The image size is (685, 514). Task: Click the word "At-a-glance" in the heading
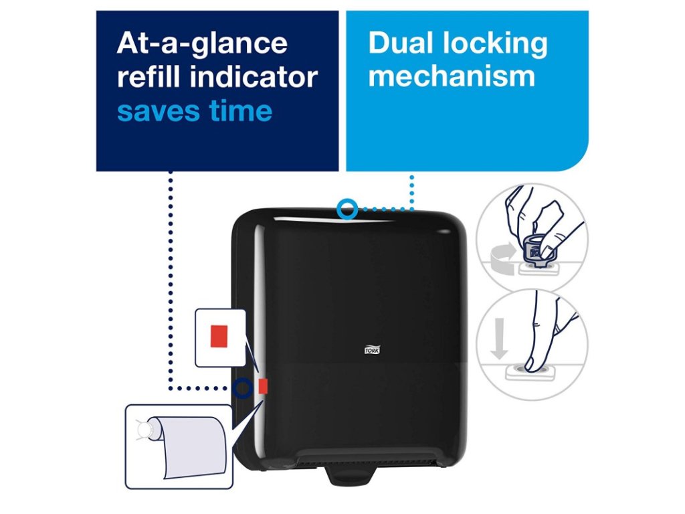pyautogui.click(x=201, y=44)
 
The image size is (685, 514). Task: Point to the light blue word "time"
pyautogui.click(x=238, y=110)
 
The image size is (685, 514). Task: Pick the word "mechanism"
pyautogui.click(x=452, y=77)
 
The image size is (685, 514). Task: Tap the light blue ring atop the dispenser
pyautogui.click(x=347, y=209)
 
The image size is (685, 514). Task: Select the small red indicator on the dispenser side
pyautogui.click(x=262, y=385)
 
